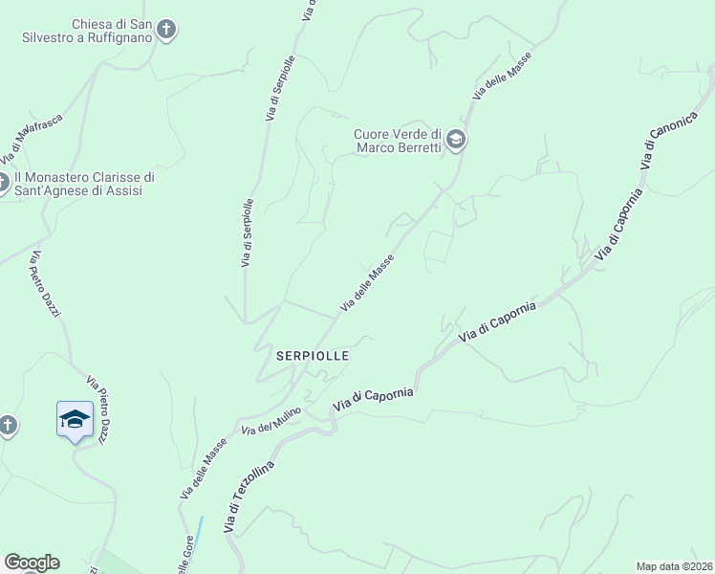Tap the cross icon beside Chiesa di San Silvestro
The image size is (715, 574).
(x=167, y=30)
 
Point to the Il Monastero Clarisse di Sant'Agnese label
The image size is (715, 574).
(x=84, y=184)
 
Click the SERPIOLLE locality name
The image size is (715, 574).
(x=313, y=355)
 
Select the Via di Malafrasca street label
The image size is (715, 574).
(x=30, y=139)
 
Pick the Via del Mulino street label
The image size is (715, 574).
(x=271, y=422)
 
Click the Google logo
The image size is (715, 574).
(x=32, y=562)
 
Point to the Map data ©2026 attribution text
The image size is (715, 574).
(x=674, y=565)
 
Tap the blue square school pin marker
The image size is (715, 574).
(x=76, y=420)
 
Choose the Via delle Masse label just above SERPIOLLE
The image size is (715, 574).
(x=367, y=283)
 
